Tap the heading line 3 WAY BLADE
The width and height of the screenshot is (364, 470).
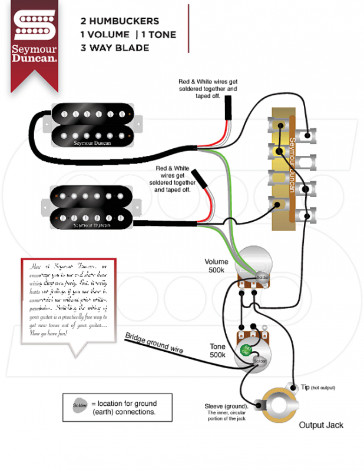tap(115, 48)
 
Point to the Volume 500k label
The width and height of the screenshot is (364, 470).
tap(215, 265)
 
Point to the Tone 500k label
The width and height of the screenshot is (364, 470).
tap(218, 351)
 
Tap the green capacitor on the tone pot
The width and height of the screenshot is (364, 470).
tap(246, 352)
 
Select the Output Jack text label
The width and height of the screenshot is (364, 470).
tap(320, 425)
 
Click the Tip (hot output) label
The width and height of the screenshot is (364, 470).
tap(318, 388)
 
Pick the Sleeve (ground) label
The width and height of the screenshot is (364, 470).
tap(226, 406)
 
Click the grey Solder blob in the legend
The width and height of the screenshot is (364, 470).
tap(80, 405)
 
